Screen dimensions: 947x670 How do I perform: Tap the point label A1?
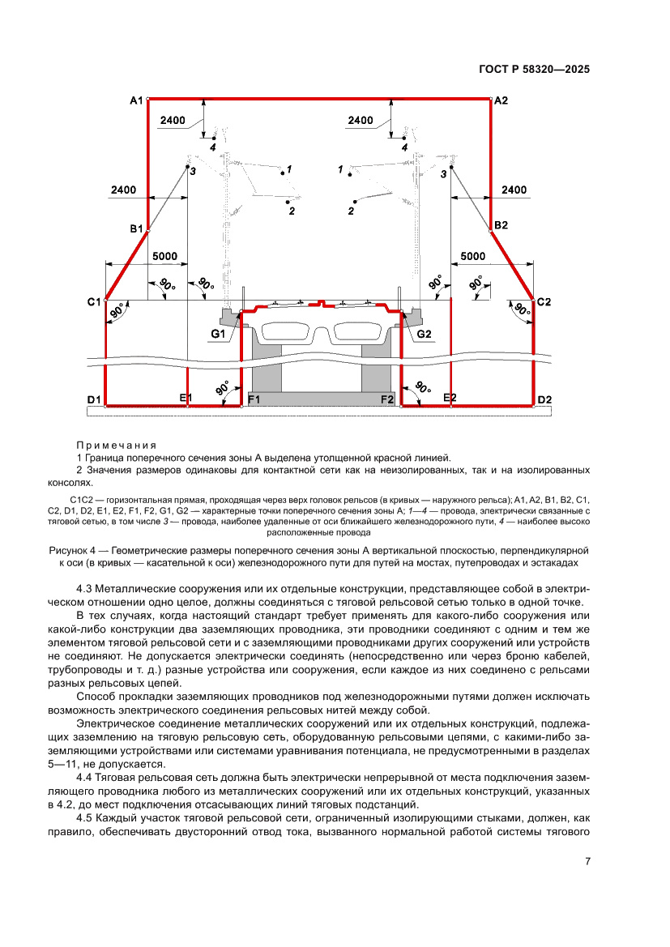pos(136,100)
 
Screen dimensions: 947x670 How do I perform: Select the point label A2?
pos(501,100)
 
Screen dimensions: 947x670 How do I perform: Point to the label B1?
pos(136,229)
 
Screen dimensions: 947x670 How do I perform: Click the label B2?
pos(501,224)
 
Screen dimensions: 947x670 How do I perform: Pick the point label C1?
pos(95,301)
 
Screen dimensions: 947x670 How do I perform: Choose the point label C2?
pos(543,301)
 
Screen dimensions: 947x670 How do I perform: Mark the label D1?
pos(94,400)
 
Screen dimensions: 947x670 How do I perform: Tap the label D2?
pos(544,400)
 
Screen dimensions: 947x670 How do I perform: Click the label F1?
pos(254,400)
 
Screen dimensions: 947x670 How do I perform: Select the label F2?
pos(386,400)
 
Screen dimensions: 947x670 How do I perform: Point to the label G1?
pos(219,334)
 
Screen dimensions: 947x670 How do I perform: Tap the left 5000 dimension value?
pos(164,256)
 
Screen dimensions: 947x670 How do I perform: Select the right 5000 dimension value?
pos(473,256)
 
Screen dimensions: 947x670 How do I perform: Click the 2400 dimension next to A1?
pos(173,121)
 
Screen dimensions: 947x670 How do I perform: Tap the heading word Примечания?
pos(115,446)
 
